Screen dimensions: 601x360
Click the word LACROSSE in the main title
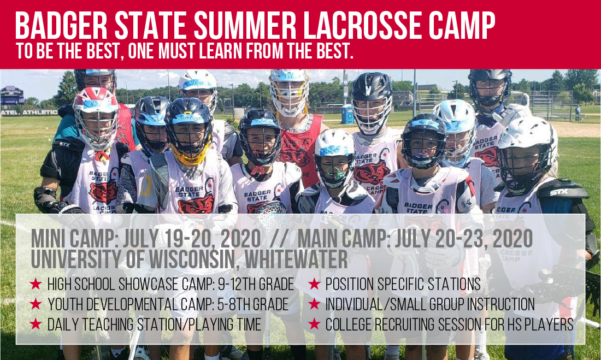[364, 26]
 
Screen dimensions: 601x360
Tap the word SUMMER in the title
[245, 26]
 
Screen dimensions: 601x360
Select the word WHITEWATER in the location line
[296, 259]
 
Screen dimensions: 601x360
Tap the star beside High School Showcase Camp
[36, 284]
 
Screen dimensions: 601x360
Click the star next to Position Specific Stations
[314, 284]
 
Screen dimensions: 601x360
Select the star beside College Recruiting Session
[314, 324]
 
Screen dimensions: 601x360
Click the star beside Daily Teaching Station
[36, 324]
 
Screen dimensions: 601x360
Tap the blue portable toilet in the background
[347, 114]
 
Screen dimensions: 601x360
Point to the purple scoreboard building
[12, 96]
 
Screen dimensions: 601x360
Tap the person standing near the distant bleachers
[578, 113]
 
